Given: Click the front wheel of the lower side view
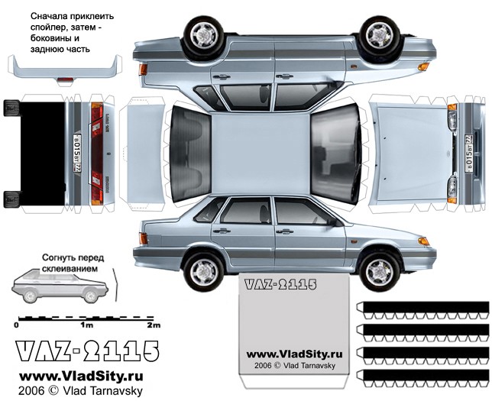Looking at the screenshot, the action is click(380, 272).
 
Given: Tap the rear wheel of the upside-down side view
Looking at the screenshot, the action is click(204, 34).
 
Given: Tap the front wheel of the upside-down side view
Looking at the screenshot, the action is click(380, 34).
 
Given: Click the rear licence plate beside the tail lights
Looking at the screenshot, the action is click(77, 153).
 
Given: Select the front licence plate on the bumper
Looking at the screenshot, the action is click(469, 153).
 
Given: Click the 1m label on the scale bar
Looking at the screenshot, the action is click(87, 325).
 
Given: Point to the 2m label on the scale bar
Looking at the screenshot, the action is click(154, 325).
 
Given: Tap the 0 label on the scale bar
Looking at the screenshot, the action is click(16, 325).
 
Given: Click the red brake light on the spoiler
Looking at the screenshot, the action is click(65, 79).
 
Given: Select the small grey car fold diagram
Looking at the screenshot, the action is click(60, 286).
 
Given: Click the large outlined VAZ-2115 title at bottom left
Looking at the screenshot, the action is click(88, 351).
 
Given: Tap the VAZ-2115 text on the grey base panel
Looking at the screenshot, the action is click(280, 285).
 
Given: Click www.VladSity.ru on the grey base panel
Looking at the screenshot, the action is click(294, 354).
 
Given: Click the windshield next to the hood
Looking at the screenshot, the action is click(335, 154).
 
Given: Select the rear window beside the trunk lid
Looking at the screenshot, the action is click(190, 154).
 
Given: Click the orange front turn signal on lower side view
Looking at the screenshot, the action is click(423, 241).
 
